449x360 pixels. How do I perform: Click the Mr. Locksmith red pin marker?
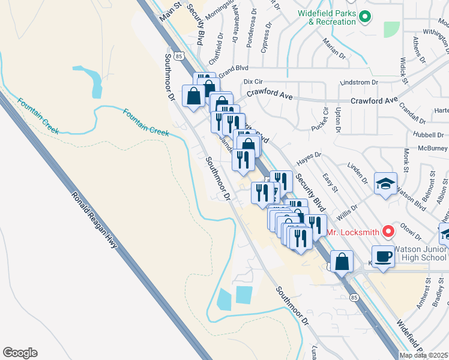pyautogui.click(x=388, y=230)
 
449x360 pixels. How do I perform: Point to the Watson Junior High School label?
pyautogui.click(x=420, y=253)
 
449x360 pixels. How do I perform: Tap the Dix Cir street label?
pyautogui.click(x=255, y=81)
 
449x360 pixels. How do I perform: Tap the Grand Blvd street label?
pyautogui.click(x=234, y=70)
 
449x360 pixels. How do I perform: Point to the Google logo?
pyautogui.click(x=20, y=353)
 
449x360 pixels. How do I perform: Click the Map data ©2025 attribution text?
pyautogui.click(x=423, y=355)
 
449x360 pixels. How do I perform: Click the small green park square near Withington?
pyautogui.click(x=391, y=29)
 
